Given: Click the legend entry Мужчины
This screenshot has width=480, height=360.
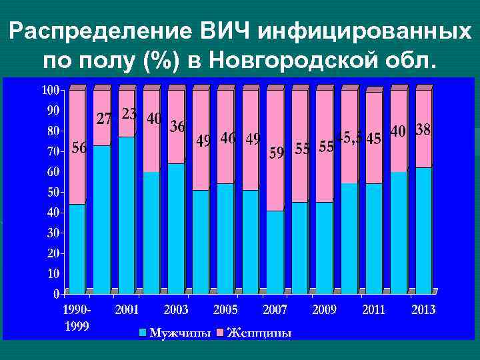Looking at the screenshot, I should point(176,332).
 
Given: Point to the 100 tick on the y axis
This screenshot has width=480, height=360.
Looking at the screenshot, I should point(51,89).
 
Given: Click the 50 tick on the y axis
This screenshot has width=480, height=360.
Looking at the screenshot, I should point(53,192).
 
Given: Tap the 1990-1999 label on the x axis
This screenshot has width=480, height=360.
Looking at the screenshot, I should point(76,317).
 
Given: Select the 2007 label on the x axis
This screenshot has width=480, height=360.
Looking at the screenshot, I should point(275,310).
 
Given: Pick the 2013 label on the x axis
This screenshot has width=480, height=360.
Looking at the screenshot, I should point(423,310).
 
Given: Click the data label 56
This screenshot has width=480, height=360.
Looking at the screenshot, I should point(79,149).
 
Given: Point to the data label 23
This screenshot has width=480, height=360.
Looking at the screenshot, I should point(129,115).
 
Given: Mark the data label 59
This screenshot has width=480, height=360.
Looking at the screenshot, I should point(277,153).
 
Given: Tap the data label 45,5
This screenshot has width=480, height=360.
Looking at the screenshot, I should point(349,138).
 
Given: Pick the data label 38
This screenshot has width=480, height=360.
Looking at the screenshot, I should point(423,130).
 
